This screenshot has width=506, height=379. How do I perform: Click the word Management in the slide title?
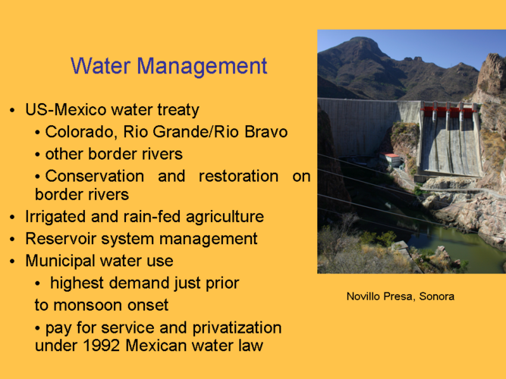click(202, 67)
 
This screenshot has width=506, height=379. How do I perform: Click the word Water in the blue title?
click(100, 66)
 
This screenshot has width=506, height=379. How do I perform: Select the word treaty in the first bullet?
click(178, 111)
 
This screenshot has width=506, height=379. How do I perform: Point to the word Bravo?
click(266, 132)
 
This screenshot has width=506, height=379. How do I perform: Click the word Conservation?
click(95, 176)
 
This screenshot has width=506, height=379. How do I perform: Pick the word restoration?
click(238, 176)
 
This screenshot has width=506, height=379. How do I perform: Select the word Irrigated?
click(55, 217)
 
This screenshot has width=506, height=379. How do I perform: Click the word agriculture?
click(225, 217)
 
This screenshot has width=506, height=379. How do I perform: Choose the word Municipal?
click(60, 261)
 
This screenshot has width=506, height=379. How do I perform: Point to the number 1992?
click(102, 346)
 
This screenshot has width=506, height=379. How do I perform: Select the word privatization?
click(237, 328)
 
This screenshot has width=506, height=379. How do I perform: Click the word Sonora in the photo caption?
click(437, 296)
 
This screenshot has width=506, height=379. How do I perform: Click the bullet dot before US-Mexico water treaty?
click(12, 111)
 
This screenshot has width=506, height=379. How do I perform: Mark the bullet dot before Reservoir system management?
click(12, 240)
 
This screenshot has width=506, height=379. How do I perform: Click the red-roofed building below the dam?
click(391, 159)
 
